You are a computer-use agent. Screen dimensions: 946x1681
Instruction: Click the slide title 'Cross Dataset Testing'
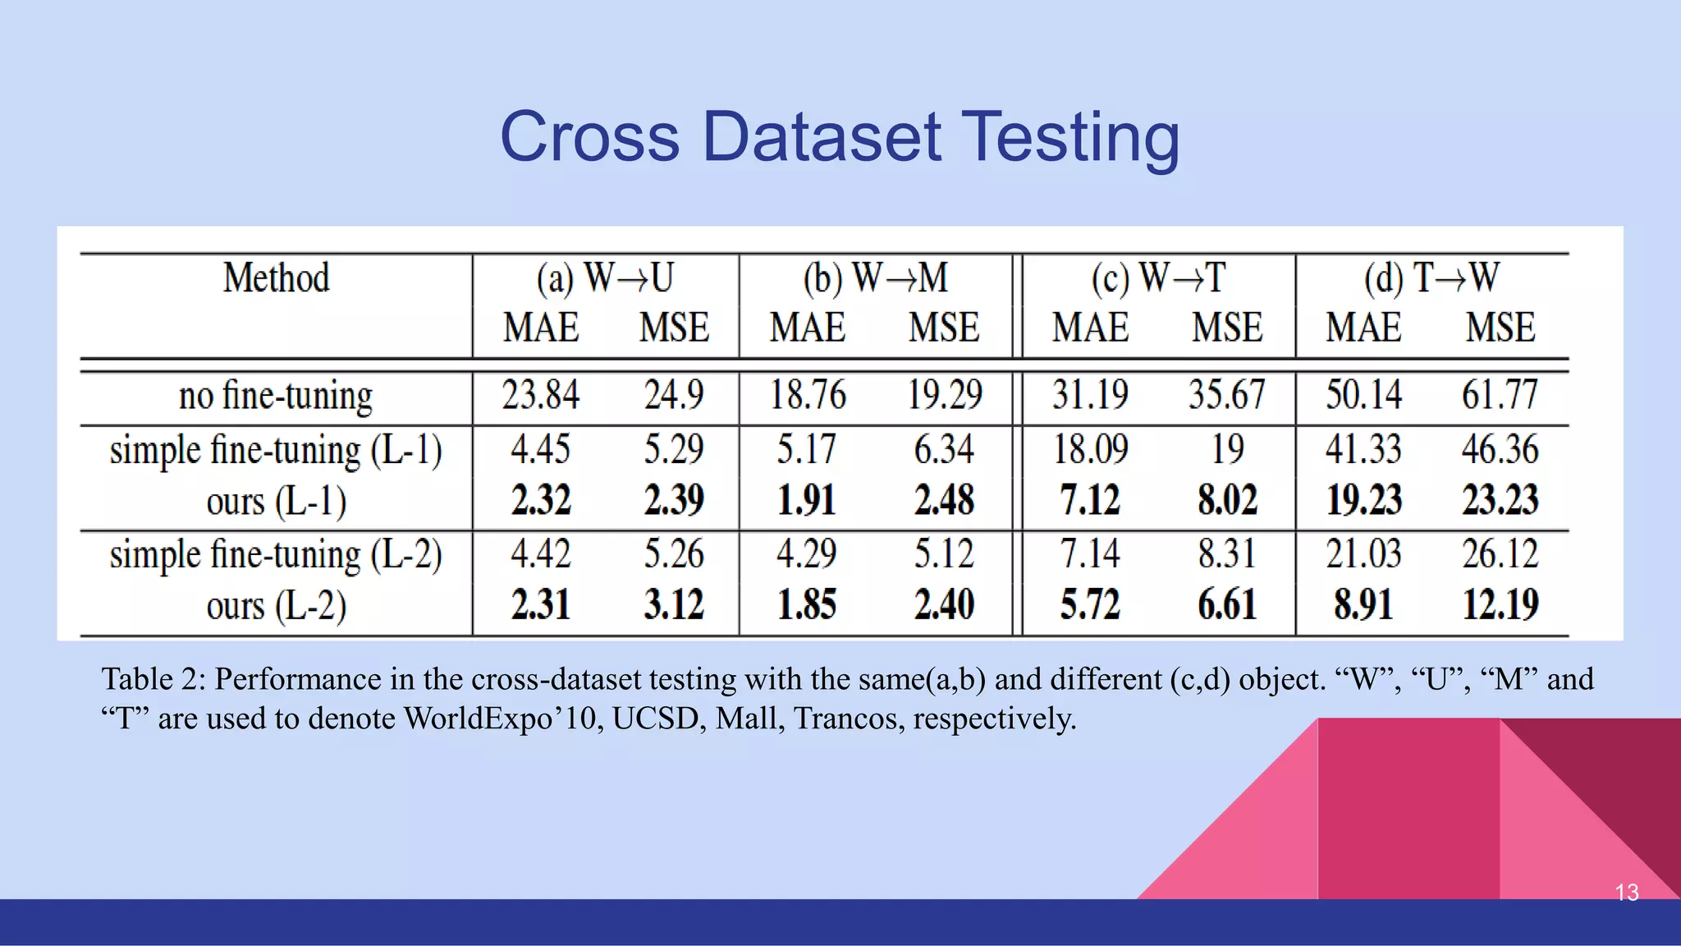(840, 137)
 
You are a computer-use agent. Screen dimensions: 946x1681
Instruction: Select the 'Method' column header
(277, 278)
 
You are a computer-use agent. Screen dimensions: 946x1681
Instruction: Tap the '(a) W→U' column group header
(605, 278)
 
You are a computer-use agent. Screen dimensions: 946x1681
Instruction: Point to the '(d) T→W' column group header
(1431, 278)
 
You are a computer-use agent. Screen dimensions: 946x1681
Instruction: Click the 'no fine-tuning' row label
(276, 397)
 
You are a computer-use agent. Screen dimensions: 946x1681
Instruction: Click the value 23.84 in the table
(541, 395)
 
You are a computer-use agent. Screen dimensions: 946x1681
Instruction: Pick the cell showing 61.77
(1500, 395)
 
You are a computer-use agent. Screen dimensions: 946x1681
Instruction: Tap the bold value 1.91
(807, 501)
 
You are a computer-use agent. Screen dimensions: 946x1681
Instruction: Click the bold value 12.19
(1500, 606)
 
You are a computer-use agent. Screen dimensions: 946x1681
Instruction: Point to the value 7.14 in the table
(1090, 554)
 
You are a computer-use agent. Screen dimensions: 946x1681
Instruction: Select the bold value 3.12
(674, 606)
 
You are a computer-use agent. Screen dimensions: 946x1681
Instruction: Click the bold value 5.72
(1090, 606)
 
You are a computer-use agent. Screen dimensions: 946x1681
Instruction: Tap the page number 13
(1626, 893)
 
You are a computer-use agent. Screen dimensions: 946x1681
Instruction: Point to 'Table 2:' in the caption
(153, 680)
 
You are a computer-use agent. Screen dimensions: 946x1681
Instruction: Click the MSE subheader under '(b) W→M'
(944, 328)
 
